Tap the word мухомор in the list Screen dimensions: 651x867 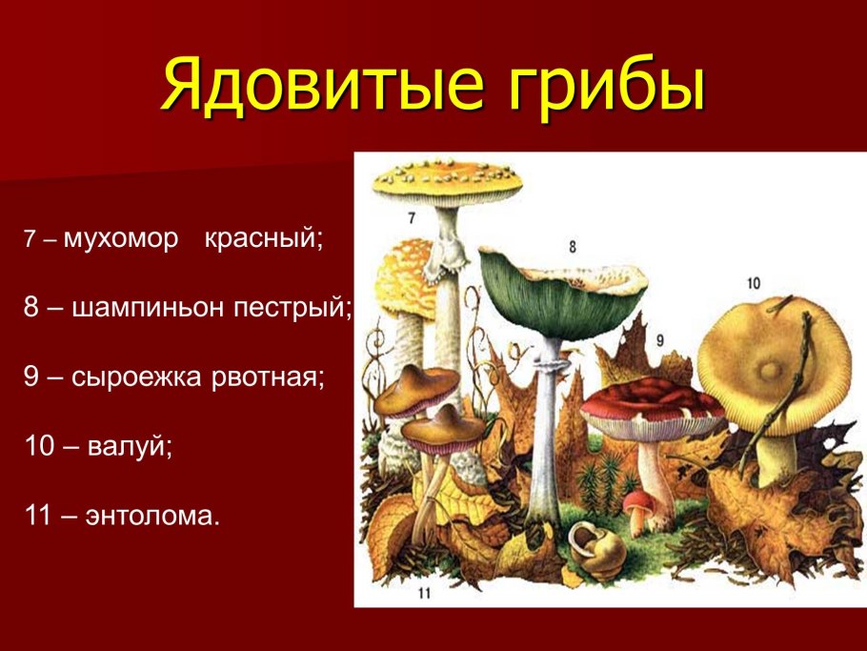(122, 239)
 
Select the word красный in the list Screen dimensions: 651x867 (264, 239)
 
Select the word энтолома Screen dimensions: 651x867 (152, 516)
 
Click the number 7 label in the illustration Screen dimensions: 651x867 (412, 218)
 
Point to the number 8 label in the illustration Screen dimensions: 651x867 (573, 247)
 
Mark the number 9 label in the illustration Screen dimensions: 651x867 (659, 340)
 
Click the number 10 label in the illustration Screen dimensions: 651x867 (753, 283)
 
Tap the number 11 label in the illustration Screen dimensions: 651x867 (424, 593)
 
